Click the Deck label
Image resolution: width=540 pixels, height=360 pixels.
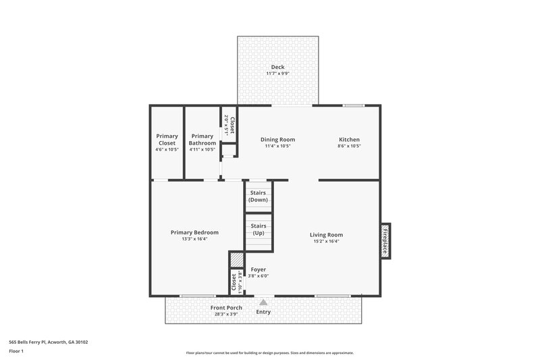(277, 67)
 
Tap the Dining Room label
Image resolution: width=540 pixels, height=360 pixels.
(277, 140)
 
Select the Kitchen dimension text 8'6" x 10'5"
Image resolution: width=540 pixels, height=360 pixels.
(349, 147)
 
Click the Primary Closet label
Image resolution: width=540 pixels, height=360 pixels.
(167, 140)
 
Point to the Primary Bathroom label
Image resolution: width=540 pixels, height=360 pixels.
(202, 140)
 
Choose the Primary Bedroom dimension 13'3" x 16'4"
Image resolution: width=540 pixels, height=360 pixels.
(194, 239)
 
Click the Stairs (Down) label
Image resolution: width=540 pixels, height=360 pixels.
(258, 197)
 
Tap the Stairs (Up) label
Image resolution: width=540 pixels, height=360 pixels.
(258, 230)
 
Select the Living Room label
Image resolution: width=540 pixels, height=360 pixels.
(326, 234)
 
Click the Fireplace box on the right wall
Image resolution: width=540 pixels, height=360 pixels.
(385, 240)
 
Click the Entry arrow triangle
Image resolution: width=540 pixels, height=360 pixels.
(263, 302)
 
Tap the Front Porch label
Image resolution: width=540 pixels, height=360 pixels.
(225, 308)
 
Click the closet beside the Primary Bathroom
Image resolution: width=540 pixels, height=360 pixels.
(230, 125)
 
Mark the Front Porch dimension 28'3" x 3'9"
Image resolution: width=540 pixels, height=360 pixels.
(225, 314)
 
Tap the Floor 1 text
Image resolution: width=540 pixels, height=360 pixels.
(16, 351)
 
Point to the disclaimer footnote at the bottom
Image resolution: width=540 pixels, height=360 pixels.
(269, 353)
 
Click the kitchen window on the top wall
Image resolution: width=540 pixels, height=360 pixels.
(353, 105)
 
